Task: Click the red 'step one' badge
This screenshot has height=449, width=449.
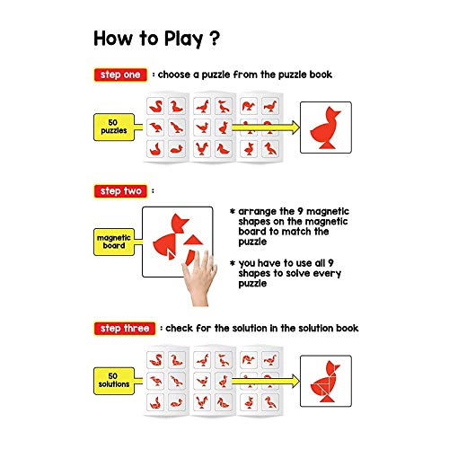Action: tap(120, 75)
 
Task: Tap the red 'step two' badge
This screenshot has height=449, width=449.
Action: tap(120, 191)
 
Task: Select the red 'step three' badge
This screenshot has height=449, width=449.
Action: tap(125, 329)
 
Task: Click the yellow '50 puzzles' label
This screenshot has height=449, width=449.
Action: tap(114, 127)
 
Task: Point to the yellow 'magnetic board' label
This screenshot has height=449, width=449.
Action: tap(114, 242)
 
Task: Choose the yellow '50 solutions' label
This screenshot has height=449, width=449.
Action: tap(114, 381)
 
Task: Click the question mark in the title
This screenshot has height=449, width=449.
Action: tap(215, 38)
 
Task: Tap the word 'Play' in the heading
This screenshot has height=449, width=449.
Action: tap(184, 40)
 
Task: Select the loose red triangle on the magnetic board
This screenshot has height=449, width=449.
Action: tap(193, 240)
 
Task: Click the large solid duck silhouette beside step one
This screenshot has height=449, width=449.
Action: tap(325, 128)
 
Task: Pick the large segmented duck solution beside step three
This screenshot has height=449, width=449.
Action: tap(325, 382)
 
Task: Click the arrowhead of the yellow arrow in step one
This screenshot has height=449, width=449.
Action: tap(295, 128)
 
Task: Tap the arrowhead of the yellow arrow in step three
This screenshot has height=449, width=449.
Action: tap(295, 381)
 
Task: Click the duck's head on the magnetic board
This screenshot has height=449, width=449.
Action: tap(180, 224)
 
